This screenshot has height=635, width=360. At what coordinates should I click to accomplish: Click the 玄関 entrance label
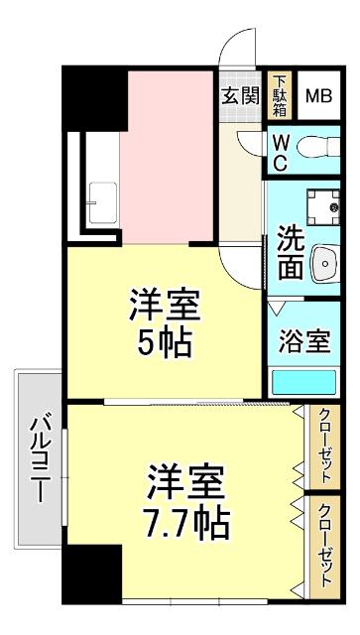(x=239, y=96)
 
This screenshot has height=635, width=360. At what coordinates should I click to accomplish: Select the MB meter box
(x=318, y=96)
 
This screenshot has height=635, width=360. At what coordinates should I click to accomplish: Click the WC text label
(x=281, y=152)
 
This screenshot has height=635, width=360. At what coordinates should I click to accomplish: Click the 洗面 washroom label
(x=290, y=252)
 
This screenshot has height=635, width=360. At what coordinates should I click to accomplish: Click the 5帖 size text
(x=164, y=343)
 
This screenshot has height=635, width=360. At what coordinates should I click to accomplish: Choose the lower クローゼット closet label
(x=323, y=544)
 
